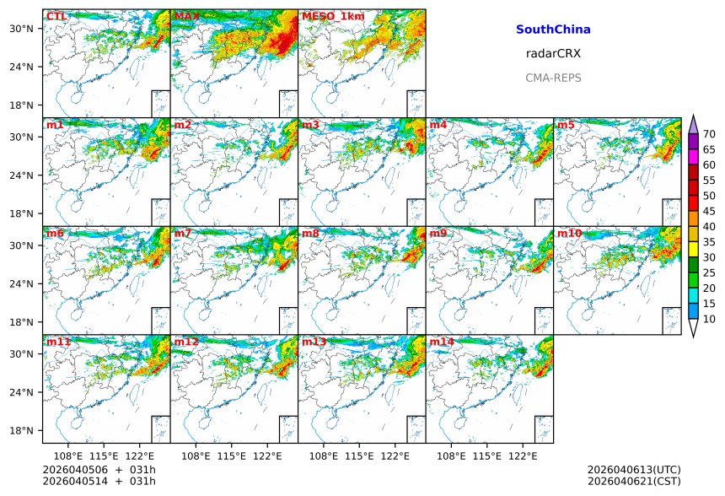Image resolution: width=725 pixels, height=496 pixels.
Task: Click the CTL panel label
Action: point(56,17)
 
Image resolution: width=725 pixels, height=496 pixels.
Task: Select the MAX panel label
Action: point(187,17)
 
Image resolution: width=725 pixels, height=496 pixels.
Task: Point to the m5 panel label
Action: point(565,126)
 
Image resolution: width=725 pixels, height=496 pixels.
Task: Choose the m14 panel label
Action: point(441,342)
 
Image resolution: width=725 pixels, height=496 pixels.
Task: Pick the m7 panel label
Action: point(183,234)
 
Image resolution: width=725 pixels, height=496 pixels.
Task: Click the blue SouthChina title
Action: point(553,30)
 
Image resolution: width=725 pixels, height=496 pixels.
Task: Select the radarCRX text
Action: point(553,53)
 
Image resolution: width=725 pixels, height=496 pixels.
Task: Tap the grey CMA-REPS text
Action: point(553,78)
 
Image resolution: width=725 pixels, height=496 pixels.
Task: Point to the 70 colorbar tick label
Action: point(709,134)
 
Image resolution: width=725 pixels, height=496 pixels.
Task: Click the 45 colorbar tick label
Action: point(709,211)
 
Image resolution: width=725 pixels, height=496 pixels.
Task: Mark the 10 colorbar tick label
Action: point(709,319)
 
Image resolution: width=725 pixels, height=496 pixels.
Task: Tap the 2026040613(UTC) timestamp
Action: point(634,470)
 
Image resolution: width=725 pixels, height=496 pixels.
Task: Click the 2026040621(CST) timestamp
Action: point(634,481)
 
